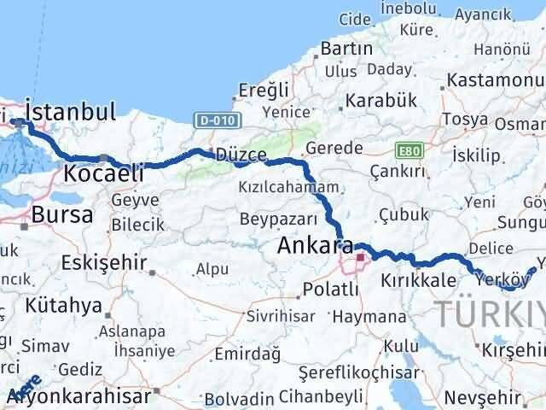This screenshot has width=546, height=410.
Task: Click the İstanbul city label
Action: tap(71, 111)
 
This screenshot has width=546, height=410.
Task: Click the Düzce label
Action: tap(241, 155)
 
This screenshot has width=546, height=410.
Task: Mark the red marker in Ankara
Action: tap(361, 256)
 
